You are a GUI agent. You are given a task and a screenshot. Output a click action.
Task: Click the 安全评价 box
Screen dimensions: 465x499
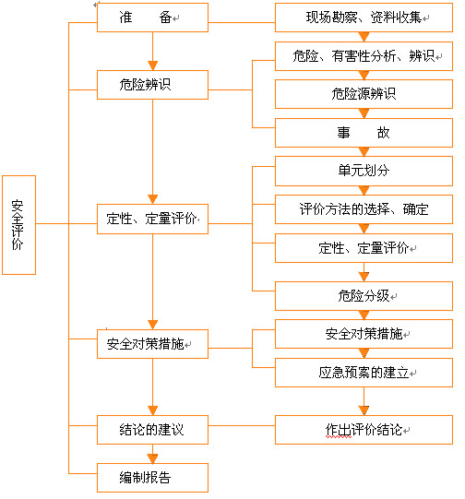coord(18,225)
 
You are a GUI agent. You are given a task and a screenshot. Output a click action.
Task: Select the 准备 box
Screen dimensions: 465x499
coord(152,18)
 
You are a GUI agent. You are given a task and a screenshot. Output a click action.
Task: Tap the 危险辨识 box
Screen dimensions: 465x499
coord(152,85)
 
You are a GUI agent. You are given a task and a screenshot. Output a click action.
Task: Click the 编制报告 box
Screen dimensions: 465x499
coord(152,478)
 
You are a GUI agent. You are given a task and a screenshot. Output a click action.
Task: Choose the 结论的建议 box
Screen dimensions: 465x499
coord(152,430)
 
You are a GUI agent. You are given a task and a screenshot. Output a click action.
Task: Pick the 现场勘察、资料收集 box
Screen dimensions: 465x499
coord(364,18)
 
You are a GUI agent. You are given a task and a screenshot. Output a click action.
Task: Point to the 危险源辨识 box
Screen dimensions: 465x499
coord(364,94)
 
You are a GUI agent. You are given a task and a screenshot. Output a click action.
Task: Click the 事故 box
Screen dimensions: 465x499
coord(364,133)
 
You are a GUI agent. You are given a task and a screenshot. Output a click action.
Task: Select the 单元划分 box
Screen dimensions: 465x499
coord(364,171)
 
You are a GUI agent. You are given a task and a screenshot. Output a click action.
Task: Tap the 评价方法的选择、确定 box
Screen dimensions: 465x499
coord(364,209)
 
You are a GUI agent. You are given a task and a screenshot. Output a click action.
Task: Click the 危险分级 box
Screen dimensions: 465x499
coord(364,296)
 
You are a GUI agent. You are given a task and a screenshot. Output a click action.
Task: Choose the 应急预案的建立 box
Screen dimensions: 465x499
coord(364,373)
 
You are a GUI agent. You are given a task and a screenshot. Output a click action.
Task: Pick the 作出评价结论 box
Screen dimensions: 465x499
coord(364,430)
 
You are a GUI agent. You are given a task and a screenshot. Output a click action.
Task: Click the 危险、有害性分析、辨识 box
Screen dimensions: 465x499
coord(364,56)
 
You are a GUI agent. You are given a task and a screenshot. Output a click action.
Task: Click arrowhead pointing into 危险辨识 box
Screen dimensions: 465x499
coord(153,65)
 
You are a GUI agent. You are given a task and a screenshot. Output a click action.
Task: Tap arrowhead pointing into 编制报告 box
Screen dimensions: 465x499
coord(153,458)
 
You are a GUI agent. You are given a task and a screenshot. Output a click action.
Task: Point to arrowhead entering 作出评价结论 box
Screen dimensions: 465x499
coord(364,410)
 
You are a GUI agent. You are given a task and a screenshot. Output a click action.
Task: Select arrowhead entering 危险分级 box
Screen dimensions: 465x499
coord(364,277)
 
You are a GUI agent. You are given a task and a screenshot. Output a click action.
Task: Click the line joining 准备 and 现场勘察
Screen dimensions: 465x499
coord(242,22)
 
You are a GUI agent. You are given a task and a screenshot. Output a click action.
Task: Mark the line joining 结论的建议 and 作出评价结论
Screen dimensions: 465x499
coord(242,425)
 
